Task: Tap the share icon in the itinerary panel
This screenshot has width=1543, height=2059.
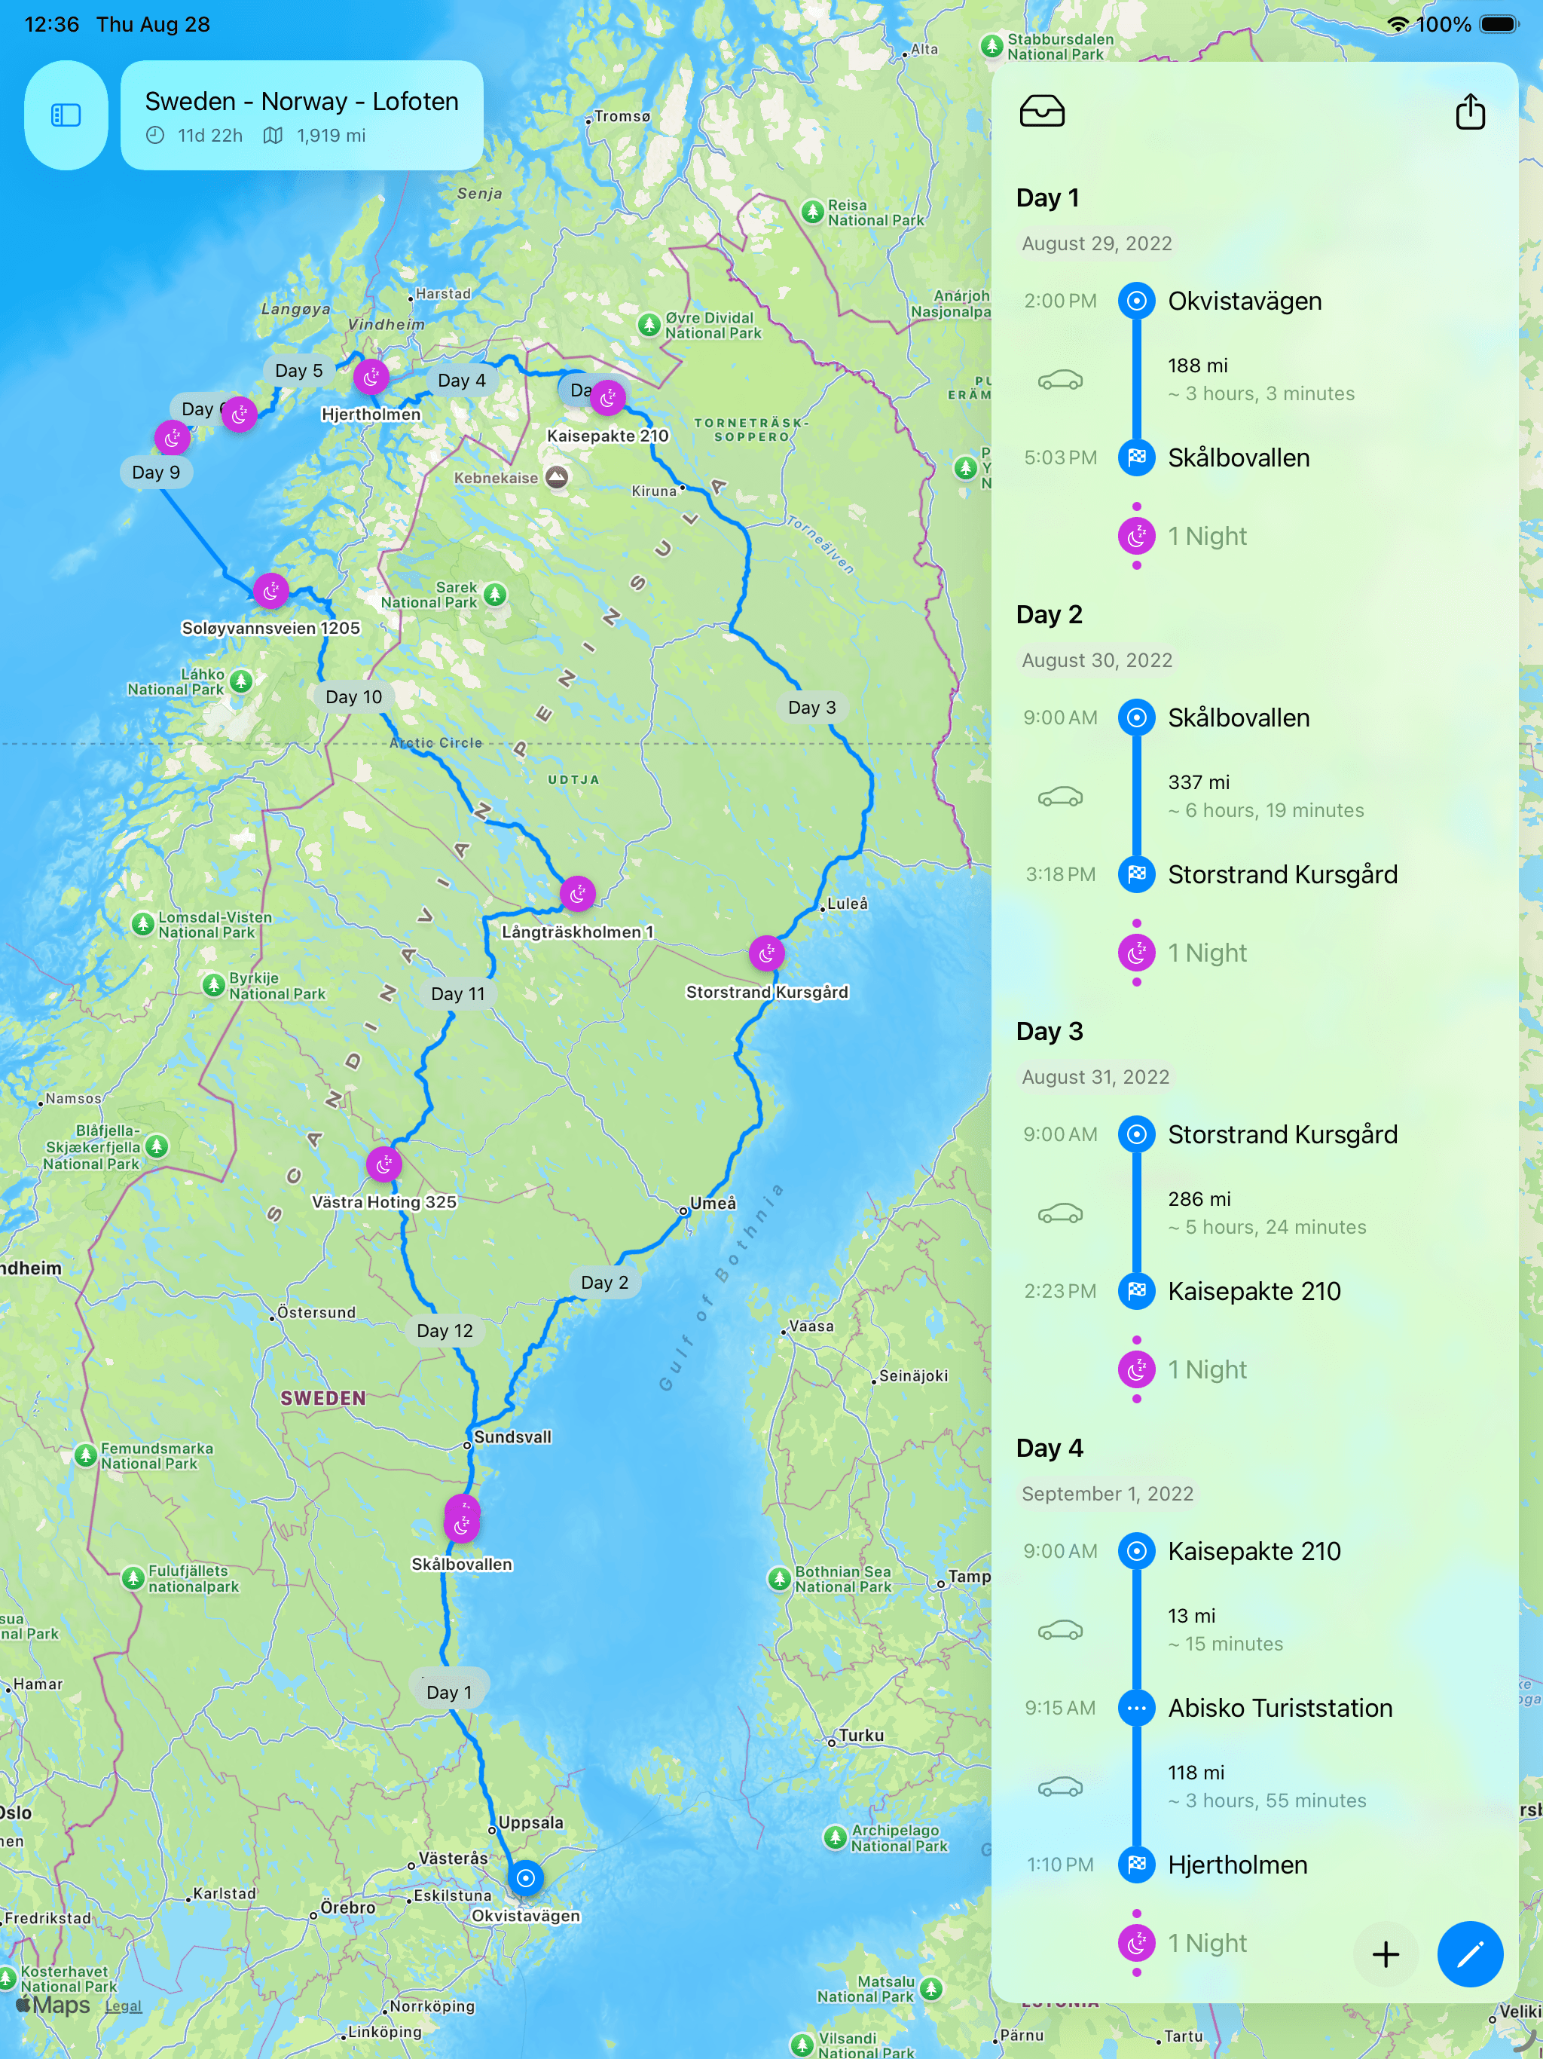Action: tap(1469, 112)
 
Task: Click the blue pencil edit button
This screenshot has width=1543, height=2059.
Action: tap(1468, 1953)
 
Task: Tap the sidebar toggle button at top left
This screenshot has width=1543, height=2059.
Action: tap(66, 115)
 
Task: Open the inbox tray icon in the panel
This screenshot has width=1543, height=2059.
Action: tap(1041, 112)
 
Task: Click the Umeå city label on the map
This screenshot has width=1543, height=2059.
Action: tap(712, 1203)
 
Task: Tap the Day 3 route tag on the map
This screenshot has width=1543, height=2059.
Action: tap(811, 708)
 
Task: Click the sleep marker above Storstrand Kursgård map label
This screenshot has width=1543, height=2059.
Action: tap(766, 953)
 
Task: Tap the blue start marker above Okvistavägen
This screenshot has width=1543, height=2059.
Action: tap(525, 1877)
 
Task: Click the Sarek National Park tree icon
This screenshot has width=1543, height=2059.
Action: tap(495, 594)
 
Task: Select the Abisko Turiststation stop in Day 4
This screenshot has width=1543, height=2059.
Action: tap(1279, 1708)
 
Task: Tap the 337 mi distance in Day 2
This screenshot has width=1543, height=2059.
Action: tap(1199, 782)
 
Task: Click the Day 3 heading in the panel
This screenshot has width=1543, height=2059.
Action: tap(1049, 1031)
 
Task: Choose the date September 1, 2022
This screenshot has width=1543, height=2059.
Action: tap(1107, 1494)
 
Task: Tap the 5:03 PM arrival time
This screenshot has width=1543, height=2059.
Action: tap(1059, 458)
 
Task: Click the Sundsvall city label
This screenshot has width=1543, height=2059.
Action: tap(511, 1436)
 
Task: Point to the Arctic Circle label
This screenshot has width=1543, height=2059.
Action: tap(435, 743)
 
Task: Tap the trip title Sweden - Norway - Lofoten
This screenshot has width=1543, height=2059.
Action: tap(301, 102)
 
